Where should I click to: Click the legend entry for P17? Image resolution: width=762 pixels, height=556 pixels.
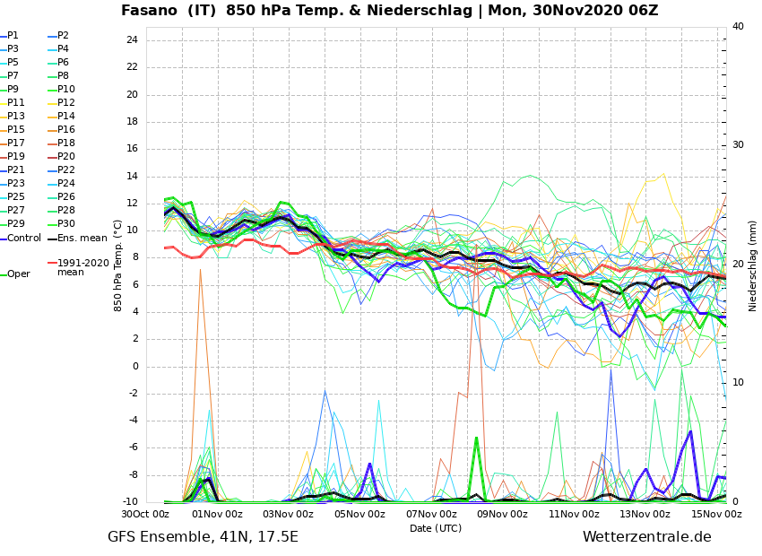(x=16, y=143)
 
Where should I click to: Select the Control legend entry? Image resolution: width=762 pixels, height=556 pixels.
(x=24, y=238)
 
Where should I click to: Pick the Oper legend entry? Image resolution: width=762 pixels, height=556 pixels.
(x=18, y=274)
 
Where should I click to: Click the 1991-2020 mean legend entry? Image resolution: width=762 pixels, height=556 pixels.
(x=82, y=267)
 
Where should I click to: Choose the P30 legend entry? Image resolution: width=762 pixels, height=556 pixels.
(x=66, y=224)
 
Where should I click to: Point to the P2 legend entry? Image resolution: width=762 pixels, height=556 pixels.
(x=63, y=36)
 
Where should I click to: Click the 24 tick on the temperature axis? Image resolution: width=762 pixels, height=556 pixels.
(x=132, y=40)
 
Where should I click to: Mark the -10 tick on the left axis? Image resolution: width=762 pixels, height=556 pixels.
(x=130, y=502)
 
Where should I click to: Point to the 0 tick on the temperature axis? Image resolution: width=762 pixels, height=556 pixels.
(x=134, y=366)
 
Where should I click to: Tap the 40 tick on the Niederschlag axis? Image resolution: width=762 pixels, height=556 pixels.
(x=738, y=27)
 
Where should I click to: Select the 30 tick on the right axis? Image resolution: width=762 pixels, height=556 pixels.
(x=738, y=145)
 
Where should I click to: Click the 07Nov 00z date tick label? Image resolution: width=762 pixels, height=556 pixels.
(x=431, y=514)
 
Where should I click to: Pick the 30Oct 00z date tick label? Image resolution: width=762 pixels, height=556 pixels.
(x=145, y=514)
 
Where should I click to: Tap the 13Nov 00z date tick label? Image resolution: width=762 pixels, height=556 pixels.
(x=645, y=514)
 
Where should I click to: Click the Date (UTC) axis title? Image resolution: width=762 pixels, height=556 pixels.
(x=436, y=528)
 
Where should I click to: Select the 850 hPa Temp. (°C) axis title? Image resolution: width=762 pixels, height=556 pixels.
(x=118, y=265)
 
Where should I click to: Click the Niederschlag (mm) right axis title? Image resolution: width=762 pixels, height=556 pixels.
(x=753, y=265)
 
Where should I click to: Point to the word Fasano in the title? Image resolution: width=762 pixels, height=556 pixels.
(x=152, y=11)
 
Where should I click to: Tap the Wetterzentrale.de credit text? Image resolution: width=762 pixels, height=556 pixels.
(x=646, y=537)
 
